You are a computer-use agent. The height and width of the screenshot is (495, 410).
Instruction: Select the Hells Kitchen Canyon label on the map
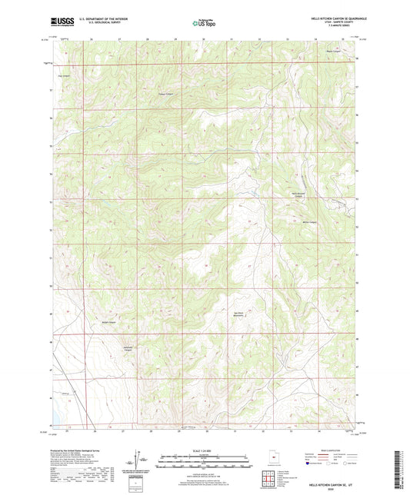click(298, 195)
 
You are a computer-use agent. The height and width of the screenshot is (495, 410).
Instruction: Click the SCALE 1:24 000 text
click(204, 450)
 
